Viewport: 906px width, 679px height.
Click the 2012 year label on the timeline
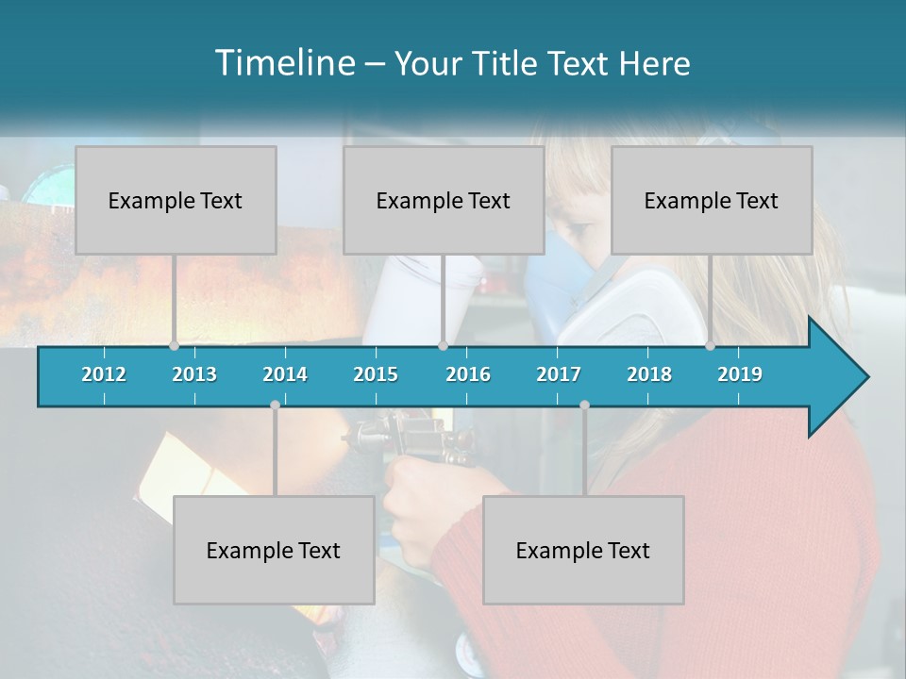(x=104, y=374)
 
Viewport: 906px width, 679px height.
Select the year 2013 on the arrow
(x=194, y=374)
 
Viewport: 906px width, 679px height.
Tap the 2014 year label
(x=285, y=374)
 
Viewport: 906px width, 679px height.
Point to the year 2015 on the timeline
(x=376, y=374)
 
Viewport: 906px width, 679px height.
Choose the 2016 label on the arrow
(x=468, y=374)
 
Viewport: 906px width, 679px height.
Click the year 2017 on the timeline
(x=559, y=374)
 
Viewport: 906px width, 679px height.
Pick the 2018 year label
(x=649, y=374)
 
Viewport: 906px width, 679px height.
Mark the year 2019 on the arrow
(x=740, y=374)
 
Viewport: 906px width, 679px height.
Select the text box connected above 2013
(x=176, y=200)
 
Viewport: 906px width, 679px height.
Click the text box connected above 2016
(x=444, y=200)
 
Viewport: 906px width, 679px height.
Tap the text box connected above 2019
(x=712, y=200)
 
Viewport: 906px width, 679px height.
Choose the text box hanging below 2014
(x=274, y=550)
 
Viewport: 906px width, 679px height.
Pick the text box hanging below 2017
(x=583, y=550)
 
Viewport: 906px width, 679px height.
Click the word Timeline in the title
(x=284, y=63)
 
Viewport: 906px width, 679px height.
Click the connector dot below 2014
(x=275, y=405)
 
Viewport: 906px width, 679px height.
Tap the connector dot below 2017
(x=584, y=405)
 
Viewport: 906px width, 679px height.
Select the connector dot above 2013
(x=174, y=346)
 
